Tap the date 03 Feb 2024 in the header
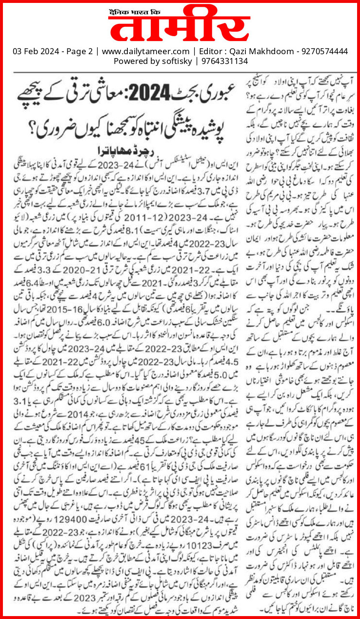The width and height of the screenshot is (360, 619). pos(31,51)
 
